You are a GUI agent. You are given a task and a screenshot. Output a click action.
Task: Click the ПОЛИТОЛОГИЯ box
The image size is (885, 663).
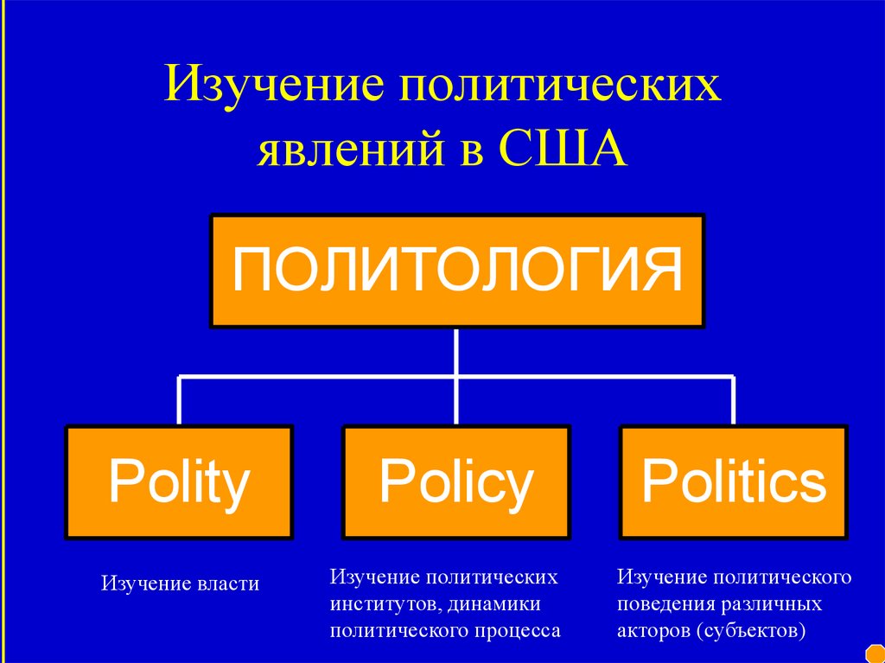click(x=457, y=271)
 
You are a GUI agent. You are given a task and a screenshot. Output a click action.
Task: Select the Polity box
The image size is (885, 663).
click(x=179, y=482)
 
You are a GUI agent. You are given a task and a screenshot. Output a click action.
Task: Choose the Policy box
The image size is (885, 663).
click(x=456, y=482)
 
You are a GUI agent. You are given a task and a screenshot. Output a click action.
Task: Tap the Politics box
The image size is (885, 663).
click(x=734, y=482)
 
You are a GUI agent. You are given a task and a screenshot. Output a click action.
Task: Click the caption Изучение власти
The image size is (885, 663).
click(x=180, y=583)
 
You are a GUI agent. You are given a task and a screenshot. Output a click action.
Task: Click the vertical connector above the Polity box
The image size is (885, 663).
click(x=179, y=400)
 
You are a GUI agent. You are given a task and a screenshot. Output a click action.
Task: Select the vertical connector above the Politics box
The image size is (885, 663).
click(x=734, y=400)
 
